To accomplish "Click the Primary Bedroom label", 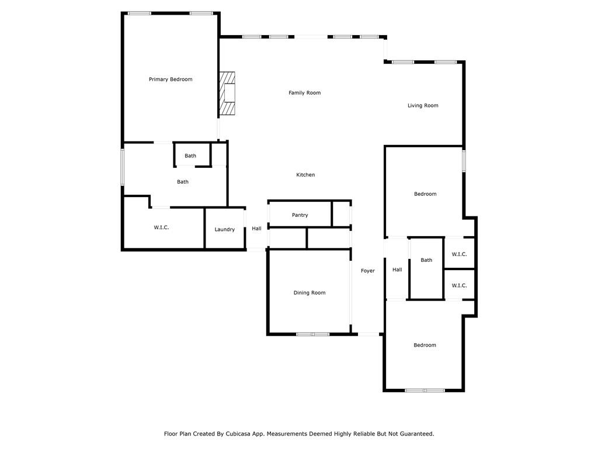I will coord(171,80).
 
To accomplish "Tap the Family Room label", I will coord(304,93).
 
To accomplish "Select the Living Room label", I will coord(423,106).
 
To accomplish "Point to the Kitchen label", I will coord(305,175).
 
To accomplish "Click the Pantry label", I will coord(300,215).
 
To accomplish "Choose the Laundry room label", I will coord(224,230).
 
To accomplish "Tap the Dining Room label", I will coord(310,293).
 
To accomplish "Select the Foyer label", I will coord(367,271).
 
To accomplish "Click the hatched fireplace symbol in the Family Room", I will coord(227,94).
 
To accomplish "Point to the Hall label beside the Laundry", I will coord(256,229).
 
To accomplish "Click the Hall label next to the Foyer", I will coord(397,270).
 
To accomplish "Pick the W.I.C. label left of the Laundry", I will coord(161,227).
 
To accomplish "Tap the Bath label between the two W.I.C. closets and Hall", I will coord(426,260).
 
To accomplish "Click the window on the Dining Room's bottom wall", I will coord(313,334).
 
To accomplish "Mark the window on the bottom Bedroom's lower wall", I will coord(425,390).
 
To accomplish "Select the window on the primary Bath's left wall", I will coord(123,167).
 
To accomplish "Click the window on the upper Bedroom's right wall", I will coord(464,161).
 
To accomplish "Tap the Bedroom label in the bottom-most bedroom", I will coord(425,346).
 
